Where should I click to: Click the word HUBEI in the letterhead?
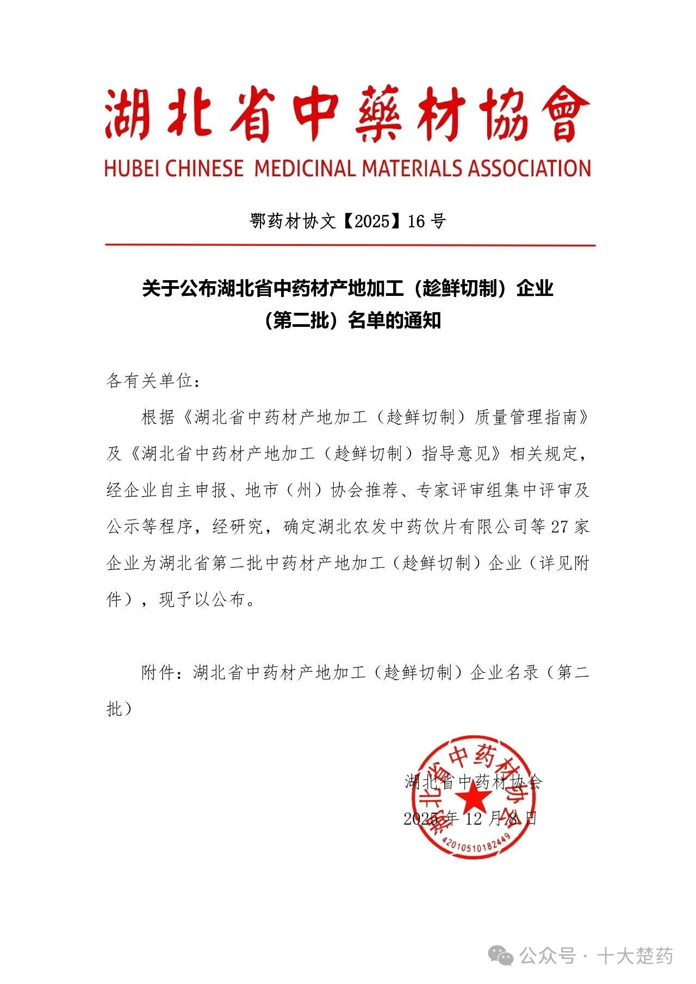tap(132, 168)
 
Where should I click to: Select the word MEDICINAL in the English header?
tap(306, 168)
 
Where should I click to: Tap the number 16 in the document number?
tap(416, 221)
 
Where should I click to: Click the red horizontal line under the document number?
tap(350, 245)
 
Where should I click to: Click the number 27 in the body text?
tap(560, 527)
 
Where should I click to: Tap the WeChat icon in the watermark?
tap(500, 955)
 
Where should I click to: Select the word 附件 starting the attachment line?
tap(158, 673)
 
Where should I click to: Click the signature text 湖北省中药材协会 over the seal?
tap(473, 782)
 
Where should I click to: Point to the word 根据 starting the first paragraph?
tap(158, 417)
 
